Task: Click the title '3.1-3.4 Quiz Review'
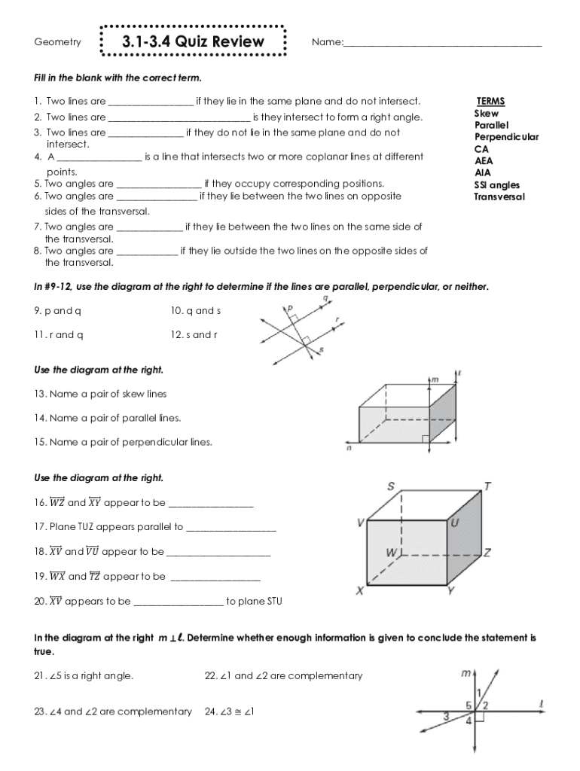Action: pos(193,41)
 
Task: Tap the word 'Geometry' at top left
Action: pos(58,42)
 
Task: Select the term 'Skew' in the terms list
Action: pos(486,113)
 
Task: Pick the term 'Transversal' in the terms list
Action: pos(499,197)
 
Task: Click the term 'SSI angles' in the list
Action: pos(496,185)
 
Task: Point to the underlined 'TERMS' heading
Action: pos(490,101)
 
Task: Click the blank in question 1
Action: pos(151,102)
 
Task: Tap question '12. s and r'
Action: pos(195,335)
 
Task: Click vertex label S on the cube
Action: pos(391,486)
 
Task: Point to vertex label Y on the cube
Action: pos(450,591)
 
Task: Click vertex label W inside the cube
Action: pos(390,552)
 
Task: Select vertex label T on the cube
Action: pos(488,486)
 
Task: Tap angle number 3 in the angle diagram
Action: pos(447,716)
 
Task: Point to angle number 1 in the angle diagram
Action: pos(478,692)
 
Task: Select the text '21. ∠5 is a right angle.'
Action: pos(84,676)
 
